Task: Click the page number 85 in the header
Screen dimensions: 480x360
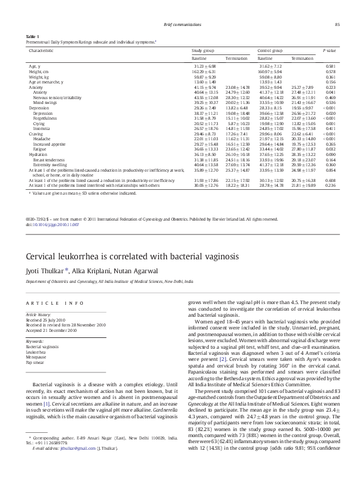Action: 337,24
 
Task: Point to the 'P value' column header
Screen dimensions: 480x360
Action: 329,51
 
